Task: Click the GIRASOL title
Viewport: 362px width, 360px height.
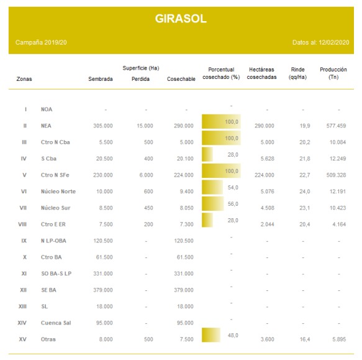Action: (181, 19)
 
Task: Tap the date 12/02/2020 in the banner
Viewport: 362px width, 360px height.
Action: (334, 42)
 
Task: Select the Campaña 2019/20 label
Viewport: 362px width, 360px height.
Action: (41, 42)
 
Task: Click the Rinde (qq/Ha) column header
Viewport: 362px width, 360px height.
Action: (297, 73)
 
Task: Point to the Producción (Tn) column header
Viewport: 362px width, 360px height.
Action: (333, 73)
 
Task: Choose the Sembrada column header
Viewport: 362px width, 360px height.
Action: (101, 79)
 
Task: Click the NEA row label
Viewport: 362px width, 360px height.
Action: (46, 126)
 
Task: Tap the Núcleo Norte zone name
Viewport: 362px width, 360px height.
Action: (58, 192)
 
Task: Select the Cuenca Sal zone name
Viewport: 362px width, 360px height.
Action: (56, 323)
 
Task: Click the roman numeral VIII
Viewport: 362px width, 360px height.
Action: (22, 224)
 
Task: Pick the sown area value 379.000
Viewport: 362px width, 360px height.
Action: (103, 290)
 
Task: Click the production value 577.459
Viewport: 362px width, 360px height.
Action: (336, 126)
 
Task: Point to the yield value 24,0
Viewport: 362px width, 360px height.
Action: (305, 192)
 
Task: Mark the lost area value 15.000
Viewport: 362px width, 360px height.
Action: (145, 126)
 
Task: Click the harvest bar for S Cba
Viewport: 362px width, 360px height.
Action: (207, 154)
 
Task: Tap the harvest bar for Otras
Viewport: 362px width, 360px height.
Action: (211, 335)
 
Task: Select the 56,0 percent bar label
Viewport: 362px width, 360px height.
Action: (233, 204)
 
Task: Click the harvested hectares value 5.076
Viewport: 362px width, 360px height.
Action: (268, 192)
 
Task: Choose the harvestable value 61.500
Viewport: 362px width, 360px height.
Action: (185, 257)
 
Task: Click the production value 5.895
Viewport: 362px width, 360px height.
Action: (339, 339)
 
